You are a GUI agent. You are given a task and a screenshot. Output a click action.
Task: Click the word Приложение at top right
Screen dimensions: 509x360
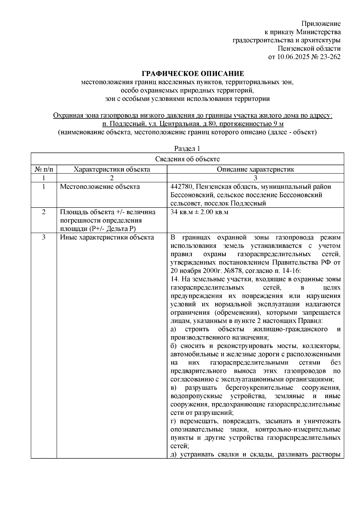click(321, 24)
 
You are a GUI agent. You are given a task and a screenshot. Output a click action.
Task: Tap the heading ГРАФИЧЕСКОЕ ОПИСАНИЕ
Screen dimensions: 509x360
click(193, 74)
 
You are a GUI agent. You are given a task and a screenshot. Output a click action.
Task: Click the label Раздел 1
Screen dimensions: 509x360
click(187, 149)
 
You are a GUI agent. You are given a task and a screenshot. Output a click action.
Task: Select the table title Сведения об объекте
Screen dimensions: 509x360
click(187, 159)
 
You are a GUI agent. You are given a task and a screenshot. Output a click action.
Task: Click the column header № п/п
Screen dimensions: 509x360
click(44, 169)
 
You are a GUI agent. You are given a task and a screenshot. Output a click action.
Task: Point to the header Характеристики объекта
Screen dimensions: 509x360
click(112, 169)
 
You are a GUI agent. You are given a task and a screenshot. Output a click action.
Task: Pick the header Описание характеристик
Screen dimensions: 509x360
click(255, 169)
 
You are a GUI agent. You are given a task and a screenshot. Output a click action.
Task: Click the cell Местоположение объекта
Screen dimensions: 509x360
click(100, 187)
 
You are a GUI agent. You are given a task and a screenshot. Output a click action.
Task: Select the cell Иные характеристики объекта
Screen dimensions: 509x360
click(107, 238)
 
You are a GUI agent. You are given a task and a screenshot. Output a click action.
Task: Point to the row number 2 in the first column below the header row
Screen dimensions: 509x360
click(44, 212)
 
